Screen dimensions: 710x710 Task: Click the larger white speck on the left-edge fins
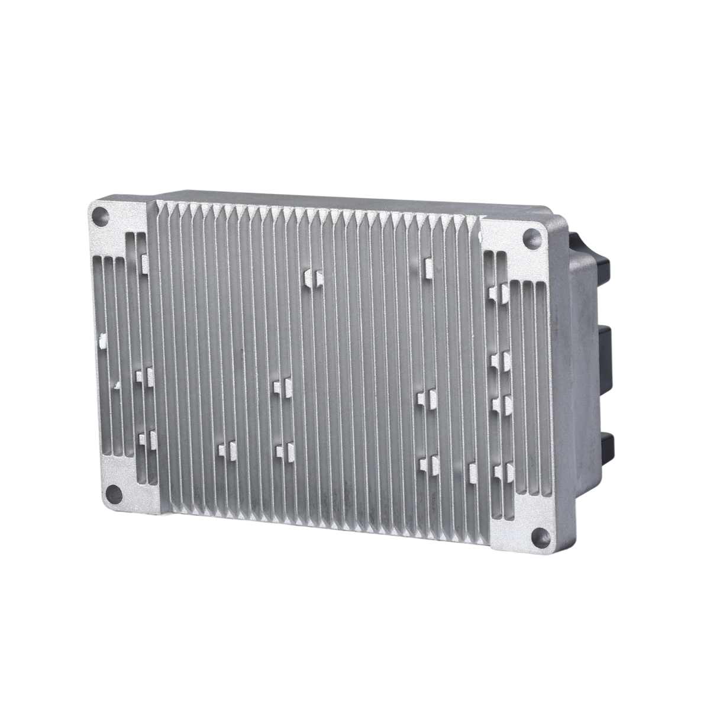click(102, 340)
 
